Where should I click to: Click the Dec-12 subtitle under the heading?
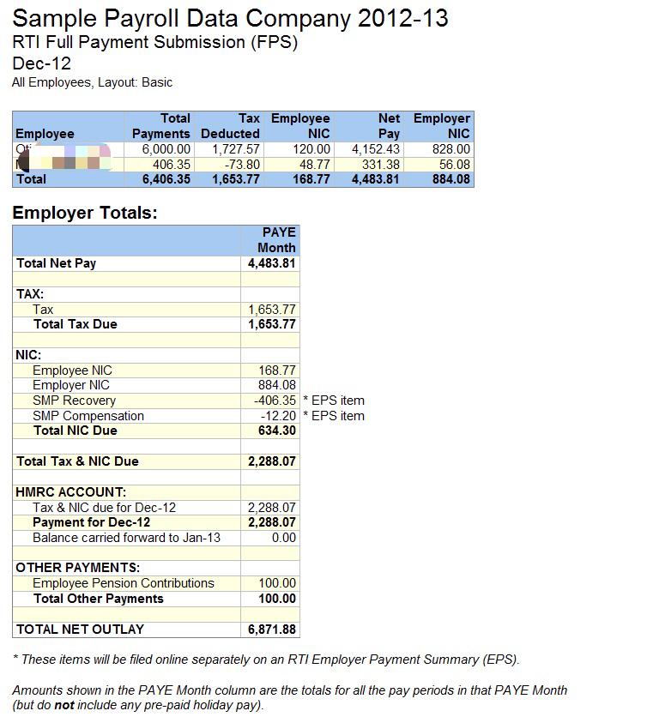[42, 63]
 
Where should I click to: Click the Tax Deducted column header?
[230, 126]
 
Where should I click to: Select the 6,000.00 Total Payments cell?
[166, 149]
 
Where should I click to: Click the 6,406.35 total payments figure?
[166, 179]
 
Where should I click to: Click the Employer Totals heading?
[85, 213]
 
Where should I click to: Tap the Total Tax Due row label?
[75, 324]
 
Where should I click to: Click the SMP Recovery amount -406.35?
[275, 401]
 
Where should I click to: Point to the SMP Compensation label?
[88, 416]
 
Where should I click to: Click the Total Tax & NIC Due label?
[77, 461]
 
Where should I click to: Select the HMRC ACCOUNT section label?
[71, 492]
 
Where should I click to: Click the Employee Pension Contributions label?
[124, 583]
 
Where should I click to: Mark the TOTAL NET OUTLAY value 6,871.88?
[272, 630]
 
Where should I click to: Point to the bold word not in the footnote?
[64, 706]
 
